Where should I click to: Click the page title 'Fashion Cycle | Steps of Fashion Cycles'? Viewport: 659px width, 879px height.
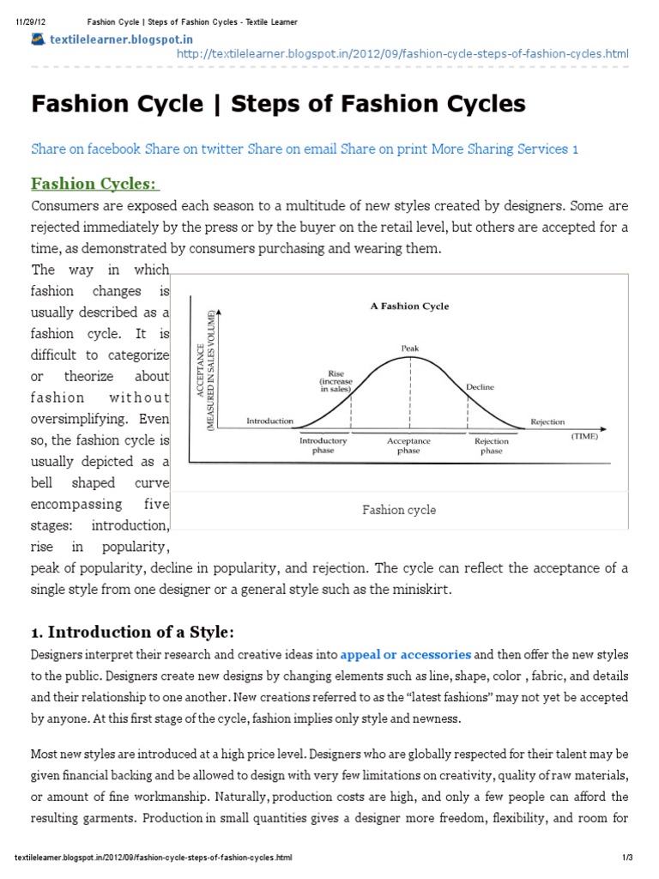point(278,105)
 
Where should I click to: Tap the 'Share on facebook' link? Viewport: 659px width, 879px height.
point(86,149)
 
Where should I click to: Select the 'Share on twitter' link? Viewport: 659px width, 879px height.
point(194,149)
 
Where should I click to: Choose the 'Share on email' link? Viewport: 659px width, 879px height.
point(292,149)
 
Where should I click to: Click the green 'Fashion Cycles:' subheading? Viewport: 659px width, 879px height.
point(95,184)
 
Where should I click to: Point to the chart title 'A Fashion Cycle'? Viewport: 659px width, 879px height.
point(409,306)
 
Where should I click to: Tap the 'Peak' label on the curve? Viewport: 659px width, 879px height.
point(410,348)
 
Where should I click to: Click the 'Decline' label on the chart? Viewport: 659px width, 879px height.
point(480,387)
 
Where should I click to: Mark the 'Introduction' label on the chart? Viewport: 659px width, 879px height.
point(269,421)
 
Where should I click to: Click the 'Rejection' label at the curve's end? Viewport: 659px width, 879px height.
point(547,421)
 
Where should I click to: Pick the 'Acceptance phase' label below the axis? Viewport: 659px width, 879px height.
point(408,446)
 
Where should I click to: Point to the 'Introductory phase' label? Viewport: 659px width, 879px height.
point(323,446)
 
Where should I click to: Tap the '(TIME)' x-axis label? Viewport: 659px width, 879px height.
point(584,436)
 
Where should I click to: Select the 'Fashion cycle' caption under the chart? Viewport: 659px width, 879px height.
point(398,510)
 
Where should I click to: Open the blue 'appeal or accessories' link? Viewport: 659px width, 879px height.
point(406,653)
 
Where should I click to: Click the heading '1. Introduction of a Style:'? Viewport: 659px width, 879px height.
point(132,633)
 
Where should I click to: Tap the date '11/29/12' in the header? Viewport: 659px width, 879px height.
point(30,21)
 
